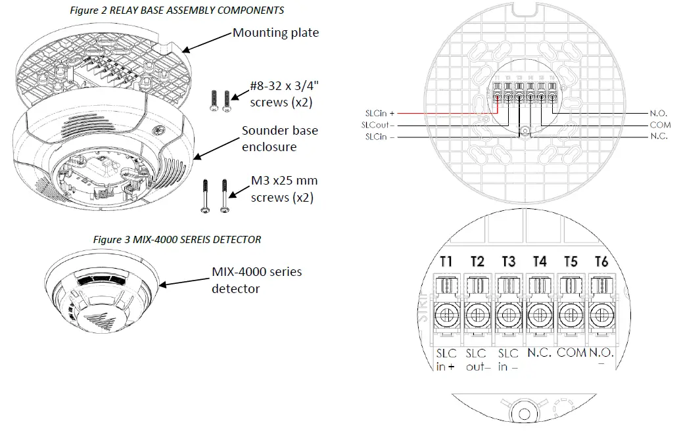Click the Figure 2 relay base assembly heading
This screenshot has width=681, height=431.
point(177,11)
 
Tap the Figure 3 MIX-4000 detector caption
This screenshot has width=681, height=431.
point(177,240)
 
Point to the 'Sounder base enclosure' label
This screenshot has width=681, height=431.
point(279,139)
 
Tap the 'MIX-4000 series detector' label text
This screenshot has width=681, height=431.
point(256,280)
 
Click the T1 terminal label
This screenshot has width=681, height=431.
point(446,261)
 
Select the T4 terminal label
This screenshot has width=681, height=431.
point(539,261)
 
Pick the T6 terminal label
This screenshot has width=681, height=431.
point(601,261)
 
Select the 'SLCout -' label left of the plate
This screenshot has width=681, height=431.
point(379,125)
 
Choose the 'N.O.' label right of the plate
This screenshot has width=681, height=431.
point(659,112)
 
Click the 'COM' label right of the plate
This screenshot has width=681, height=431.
point(659,125)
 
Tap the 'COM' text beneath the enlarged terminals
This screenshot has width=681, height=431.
point(571,353)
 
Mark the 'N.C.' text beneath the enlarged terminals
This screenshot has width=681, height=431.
point(539,353)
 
